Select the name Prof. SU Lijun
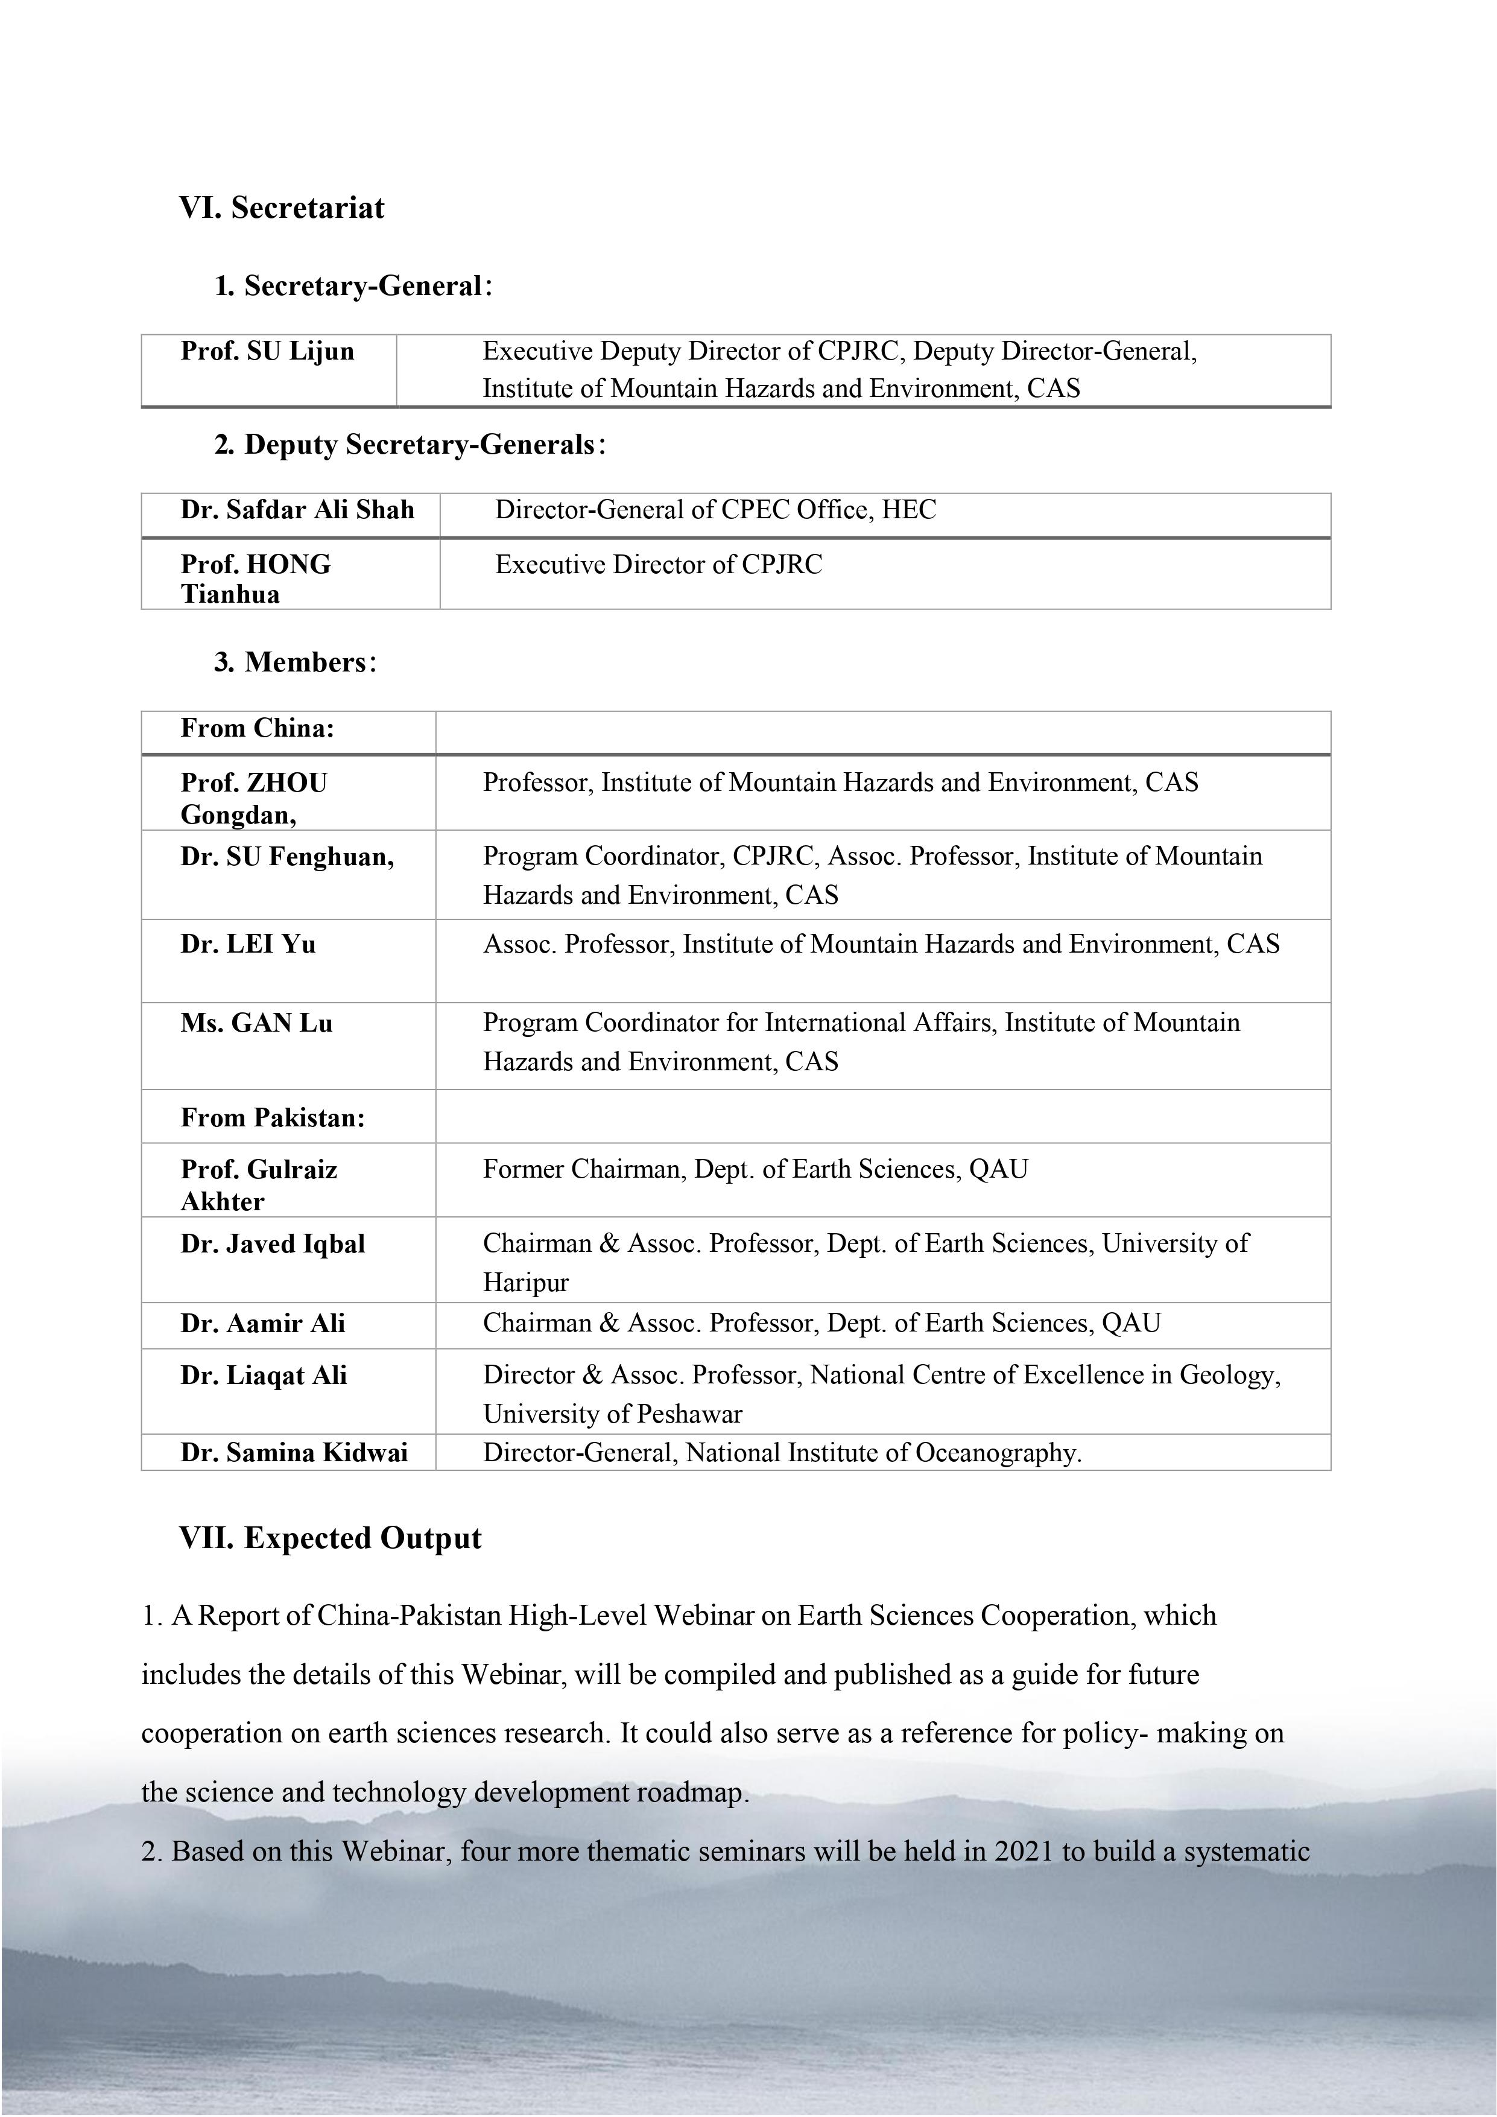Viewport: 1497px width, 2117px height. coord(267,351)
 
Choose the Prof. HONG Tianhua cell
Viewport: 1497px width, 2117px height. coord(255,578)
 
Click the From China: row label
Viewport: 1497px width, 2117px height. coord(257,728)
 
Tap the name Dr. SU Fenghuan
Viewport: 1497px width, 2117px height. coord(286,857)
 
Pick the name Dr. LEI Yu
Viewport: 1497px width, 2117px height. coord(248,944)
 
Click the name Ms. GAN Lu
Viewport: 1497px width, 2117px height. coord(256,1023)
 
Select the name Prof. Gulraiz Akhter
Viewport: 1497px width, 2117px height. coord(258,1185)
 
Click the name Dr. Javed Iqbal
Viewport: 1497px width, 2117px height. coord(273,1244)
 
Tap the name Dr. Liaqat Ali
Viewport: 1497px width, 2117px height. coord(264,1375)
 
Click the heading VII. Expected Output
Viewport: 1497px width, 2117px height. coord(330,1538)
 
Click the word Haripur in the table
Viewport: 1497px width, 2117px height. coord(525,1283)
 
